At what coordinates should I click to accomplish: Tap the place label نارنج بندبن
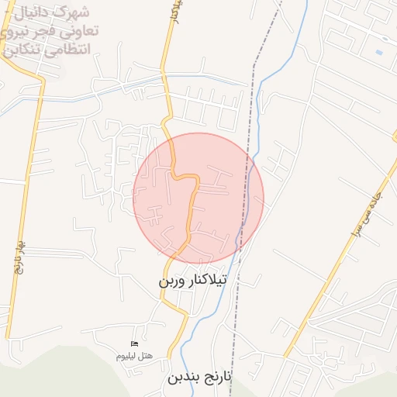pyautogui.click(x=199, y=378)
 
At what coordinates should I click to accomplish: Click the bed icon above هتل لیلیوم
pyautogui.click(x=134, y=343)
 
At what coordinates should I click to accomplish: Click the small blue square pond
pyautogui.click(x=378, y=52)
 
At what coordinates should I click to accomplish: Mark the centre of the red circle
pyautogui.click(x=198, y=198)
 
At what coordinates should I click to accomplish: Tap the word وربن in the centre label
pyautogui.click(x=174, y=280)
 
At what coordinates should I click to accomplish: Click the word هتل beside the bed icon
pyautogui.click(x=146, y=355)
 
